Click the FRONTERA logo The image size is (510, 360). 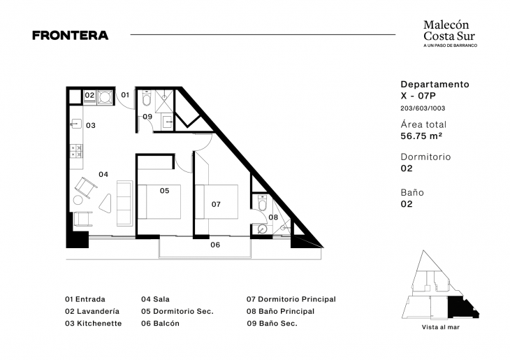point(71,35)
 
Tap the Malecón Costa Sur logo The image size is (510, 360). point(450,34)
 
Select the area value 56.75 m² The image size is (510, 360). point(421,136)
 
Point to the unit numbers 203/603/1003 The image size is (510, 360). point(423,108)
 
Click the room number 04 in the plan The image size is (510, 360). point(103,175)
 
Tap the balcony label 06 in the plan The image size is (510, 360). point(215,245)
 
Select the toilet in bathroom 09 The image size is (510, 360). point(147,98)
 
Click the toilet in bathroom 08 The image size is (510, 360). point(262,203)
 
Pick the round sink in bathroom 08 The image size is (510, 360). point(262,229)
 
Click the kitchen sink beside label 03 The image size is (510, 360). point(76,123)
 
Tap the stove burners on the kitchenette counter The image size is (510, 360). point(76,152)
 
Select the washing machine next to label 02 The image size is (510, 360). point(105,97)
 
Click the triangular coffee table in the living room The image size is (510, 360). point(105,203)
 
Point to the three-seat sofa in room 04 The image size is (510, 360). point(124,203)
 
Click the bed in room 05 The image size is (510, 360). point(159,202)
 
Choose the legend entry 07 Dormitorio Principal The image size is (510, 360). point(291,299)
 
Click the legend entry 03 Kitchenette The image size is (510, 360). point(94,323)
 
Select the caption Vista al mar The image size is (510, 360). point(441,327)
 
